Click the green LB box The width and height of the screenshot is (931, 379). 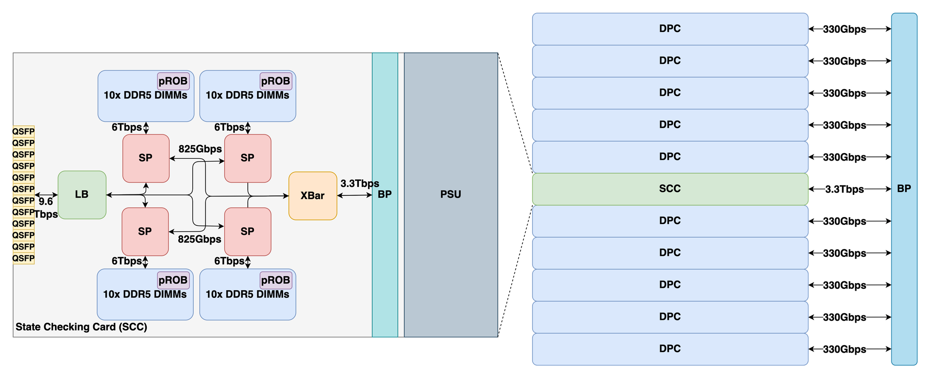pos(82,194)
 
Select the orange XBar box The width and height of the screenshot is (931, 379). pos(313,195)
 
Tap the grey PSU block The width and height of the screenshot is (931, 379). pos(450,194)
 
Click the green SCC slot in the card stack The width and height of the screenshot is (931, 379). pos(670,189)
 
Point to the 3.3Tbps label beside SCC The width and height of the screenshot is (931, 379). pos(844,189)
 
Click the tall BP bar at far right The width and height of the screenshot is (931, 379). pos(904,189)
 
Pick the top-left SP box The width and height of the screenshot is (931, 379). pos(146,158)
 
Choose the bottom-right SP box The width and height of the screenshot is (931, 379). pos(247,232)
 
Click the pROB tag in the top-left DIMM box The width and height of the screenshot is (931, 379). pos(173,81)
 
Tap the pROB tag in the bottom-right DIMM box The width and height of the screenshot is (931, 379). pos(276,280)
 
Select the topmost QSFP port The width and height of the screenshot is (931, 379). pos(24,131)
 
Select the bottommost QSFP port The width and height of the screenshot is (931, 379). pos(24,258)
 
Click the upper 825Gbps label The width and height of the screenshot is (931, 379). pos(200,149)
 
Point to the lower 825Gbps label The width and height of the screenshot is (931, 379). pos(199,239)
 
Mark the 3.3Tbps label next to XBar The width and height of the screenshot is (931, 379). pos(360,184)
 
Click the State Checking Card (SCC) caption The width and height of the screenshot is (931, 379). pos(81,327)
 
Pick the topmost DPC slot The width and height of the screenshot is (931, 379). pos(670,29)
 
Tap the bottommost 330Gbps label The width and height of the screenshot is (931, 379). pos(844,349)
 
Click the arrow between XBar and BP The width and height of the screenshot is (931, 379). pos(355,195)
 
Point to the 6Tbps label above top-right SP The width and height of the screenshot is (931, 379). pos(229,127)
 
